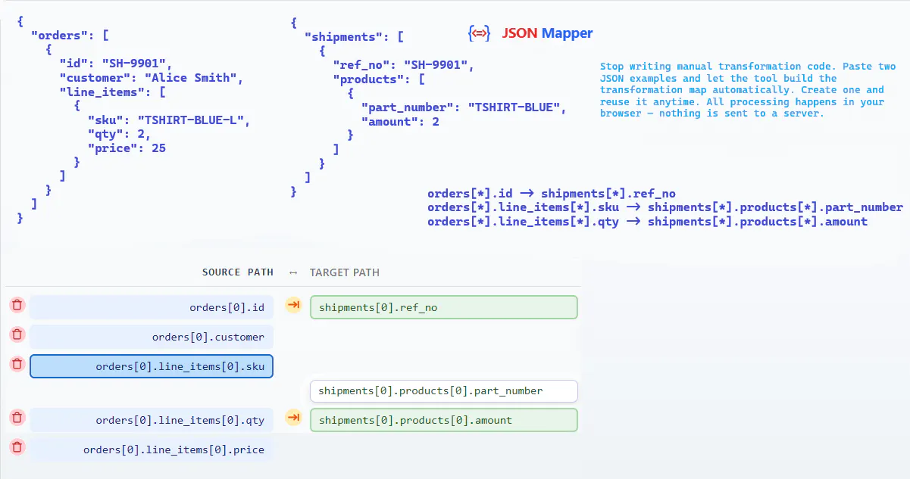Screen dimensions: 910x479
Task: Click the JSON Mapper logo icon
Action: (480, 33)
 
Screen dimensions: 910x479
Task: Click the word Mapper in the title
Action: (567, 33)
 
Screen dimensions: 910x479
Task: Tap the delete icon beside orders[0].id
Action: (17, 305)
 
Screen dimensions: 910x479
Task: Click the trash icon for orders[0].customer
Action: (17, 334)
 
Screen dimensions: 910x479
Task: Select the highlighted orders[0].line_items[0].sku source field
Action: (152, 367)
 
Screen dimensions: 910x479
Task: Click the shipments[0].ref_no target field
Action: (443, 307)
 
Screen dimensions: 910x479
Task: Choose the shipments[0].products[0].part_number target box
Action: (443, 391)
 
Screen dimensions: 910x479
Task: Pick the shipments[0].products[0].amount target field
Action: (443, 420)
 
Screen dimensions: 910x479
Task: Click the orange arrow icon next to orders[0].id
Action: (293, 305)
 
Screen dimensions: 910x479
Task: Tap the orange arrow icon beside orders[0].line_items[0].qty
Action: (293, 418)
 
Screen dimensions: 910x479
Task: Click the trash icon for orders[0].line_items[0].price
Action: (17, 447)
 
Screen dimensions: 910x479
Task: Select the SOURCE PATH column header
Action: (238, 272)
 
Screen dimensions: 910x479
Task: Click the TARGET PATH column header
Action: (345, 272)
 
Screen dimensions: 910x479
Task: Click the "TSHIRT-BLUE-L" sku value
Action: (190, 120)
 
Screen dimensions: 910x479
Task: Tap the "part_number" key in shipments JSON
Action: (407, 107)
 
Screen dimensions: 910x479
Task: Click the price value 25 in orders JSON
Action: (158, 148)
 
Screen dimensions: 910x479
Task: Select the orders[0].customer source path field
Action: (152, 337)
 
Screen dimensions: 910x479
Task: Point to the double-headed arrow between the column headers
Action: (293, 273)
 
